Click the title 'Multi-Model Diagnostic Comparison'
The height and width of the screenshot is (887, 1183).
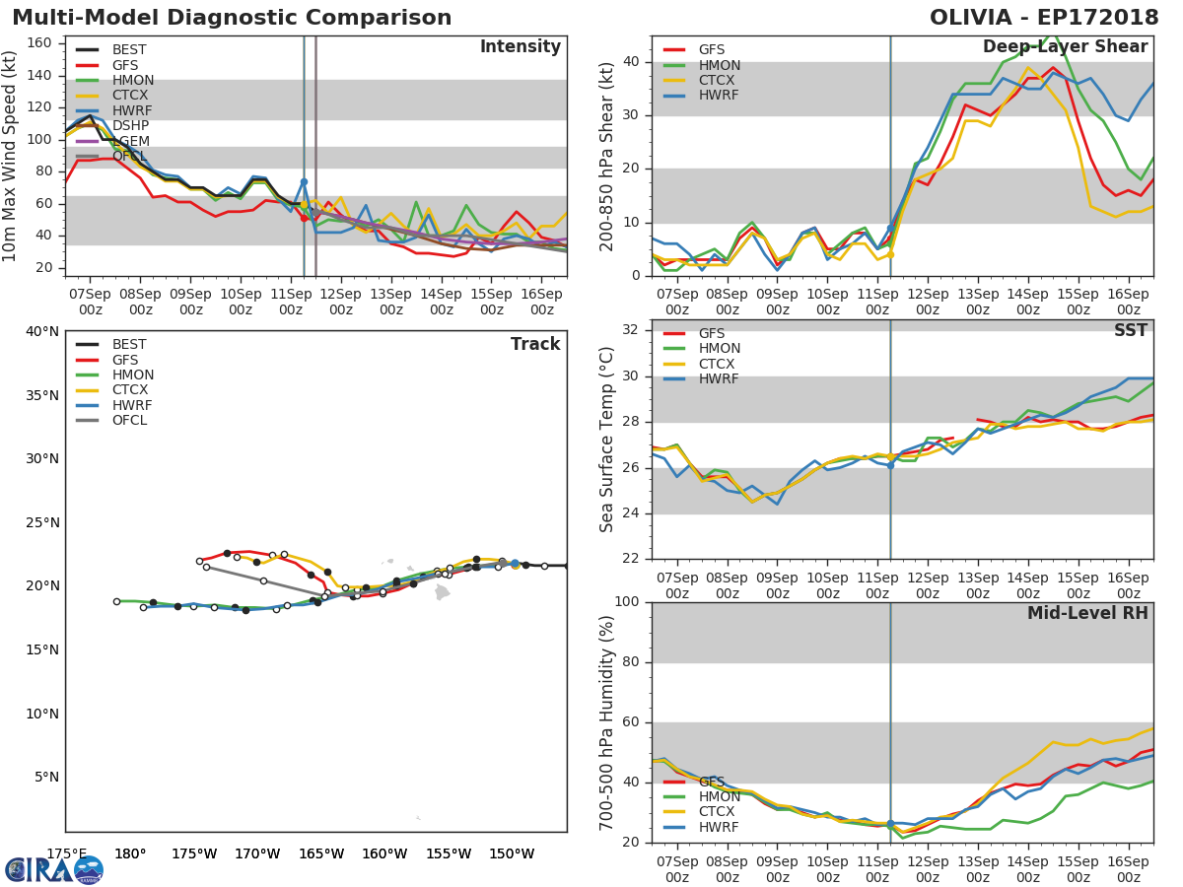(x=232, y=18)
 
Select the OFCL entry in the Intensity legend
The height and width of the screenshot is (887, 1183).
(x=128, y=156)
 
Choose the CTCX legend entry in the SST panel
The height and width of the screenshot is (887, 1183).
(x=719, y=364)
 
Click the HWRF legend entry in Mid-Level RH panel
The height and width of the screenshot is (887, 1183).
(x=719, y=827)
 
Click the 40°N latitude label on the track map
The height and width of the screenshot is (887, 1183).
(x=42, y=331)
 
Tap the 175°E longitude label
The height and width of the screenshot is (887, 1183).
(x=67, y=854)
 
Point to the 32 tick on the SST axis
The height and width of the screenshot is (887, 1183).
(x=631, y=330)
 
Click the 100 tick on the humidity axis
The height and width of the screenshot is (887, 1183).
(x=627, y=602)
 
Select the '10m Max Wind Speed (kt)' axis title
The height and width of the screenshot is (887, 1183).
(x=11, y=156)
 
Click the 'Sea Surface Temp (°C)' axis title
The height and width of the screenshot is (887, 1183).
(x=607, y=440)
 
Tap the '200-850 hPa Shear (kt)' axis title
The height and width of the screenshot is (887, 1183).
(x=607, y=156)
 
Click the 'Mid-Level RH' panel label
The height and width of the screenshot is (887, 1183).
(x=1087, y=614)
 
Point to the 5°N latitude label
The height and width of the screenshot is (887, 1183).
(x=46, y=778)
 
